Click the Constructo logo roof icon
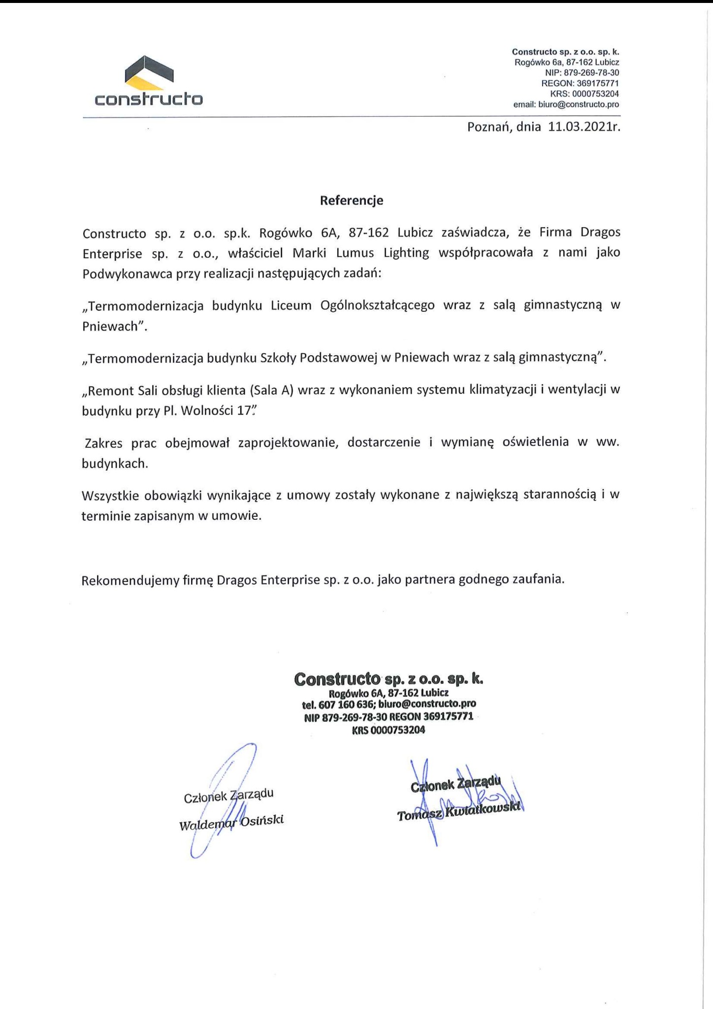click(149, 74)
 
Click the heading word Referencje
click(352, 201)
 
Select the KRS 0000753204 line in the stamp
click(388, 730)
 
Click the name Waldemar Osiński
click(231, 822)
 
